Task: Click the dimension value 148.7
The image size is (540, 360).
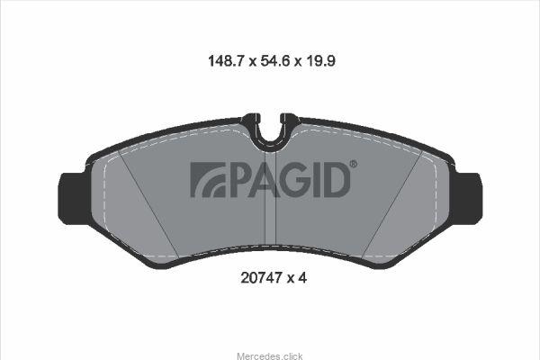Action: pyautogui.click(x=226, y=61)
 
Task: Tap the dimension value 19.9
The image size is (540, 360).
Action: pyautogui.click(x=319, y=61)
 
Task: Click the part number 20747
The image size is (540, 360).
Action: pyautogui.click(x=261, y=278)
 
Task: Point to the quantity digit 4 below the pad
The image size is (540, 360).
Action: pyautogui.click(x=302, y=278)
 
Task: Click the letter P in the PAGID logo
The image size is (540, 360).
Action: pyautogui.click(x=240, y=179)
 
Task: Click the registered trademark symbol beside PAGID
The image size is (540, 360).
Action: pyautogui.click(x=354, y=164)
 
